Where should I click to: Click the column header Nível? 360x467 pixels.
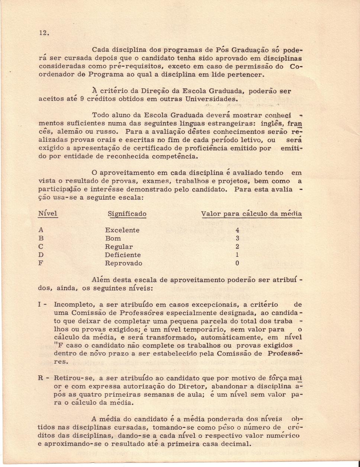pos(48,214)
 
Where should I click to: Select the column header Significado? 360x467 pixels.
pos(127,214)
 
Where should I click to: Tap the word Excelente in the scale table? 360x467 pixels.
pos(122,230)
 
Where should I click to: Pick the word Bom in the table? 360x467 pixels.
pos(113,239)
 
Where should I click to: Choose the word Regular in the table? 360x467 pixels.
pos(119,247)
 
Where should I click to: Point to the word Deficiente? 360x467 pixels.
pos(123,255)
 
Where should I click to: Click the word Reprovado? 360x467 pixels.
pos(123,263)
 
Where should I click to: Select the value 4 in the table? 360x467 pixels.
pos(237,230)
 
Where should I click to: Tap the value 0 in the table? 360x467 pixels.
pos(237,263)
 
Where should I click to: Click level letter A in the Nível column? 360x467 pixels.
pos(41,230)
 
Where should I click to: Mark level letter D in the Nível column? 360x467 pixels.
pos(41,255)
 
